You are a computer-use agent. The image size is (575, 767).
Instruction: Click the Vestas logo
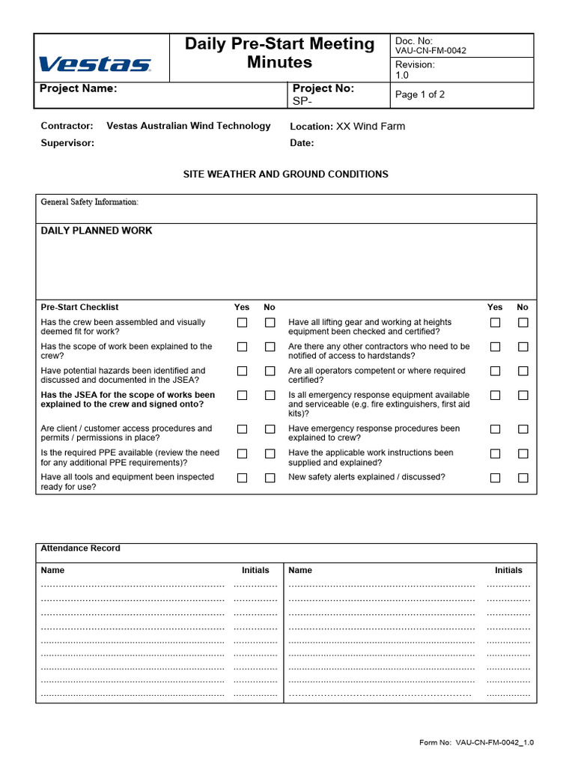[x=94, y=64]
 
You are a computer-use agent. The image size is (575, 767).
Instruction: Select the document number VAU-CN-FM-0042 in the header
[x=431, y=51]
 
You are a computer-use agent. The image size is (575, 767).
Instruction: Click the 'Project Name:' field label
[x=78, y=88]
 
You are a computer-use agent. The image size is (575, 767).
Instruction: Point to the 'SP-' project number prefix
[x=302, y=101]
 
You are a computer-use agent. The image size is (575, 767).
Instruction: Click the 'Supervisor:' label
[x=67, y=143]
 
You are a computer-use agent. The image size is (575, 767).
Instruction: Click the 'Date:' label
[x=302, y=143]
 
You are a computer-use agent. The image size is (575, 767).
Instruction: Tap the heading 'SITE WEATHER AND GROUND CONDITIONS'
[x=286, y=175]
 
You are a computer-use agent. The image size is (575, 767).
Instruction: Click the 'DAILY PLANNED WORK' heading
[x=96, y=231]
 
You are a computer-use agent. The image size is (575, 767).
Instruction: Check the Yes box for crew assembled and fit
[x=242, y=323]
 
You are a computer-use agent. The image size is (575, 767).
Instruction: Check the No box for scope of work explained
[x=270, y=347]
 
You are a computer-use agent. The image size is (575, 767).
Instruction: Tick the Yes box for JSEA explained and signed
[x=242, y=395]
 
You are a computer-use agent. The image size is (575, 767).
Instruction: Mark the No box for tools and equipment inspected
[x=270, y=478]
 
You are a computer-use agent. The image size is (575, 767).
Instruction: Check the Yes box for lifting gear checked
[x=495, y=323]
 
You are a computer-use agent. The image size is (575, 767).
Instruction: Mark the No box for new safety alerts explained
[x=523, y=478]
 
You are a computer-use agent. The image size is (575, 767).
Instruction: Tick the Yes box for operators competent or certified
[x=495, y=371]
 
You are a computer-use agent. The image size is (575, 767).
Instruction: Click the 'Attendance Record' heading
[x=80, y=548]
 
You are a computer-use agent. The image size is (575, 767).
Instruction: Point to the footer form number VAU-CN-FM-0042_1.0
[x=494, y=743]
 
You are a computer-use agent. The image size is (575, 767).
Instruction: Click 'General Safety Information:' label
[x=89, y=202]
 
